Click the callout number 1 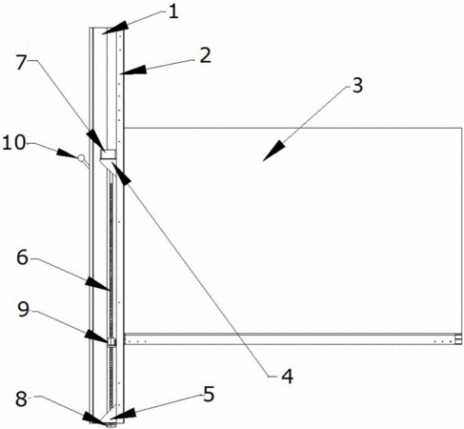173,12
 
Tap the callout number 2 205,55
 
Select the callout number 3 357,86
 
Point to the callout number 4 287,377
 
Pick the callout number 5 209,395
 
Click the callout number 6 22,257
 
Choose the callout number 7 21,62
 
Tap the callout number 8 21,399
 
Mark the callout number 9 24,309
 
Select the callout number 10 13,142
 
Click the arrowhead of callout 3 273,151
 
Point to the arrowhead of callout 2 133,71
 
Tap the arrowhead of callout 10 68,153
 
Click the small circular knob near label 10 82,157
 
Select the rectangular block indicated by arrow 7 108,154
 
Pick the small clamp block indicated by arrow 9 111,342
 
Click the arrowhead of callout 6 98,283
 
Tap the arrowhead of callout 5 123,414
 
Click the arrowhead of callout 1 116,27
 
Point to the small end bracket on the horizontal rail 458,339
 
